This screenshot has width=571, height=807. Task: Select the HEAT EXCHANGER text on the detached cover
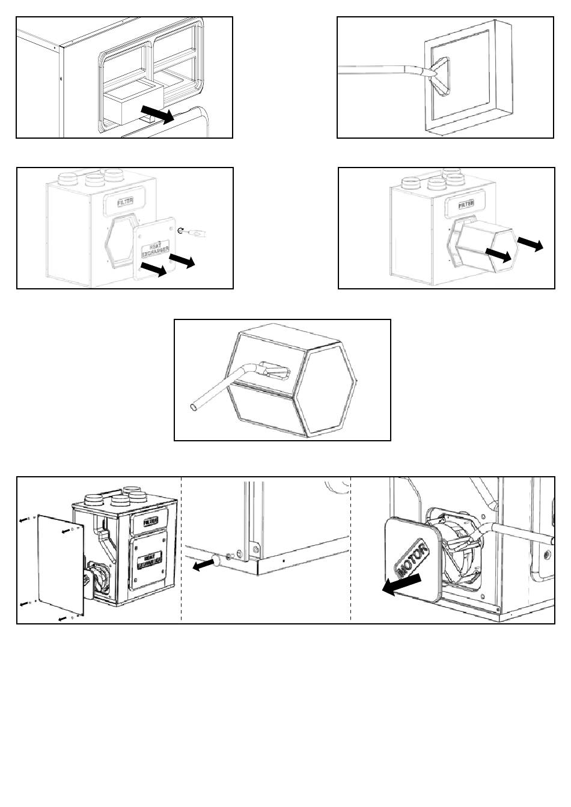155,251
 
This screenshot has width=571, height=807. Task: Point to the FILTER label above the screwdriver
126,201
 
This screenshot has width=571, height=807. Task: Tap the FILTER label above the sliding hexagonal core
466,204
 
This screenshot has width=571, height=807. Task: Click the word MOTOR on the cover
411,559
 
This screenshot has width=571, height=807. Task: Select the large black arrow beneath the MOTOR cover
402,584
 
